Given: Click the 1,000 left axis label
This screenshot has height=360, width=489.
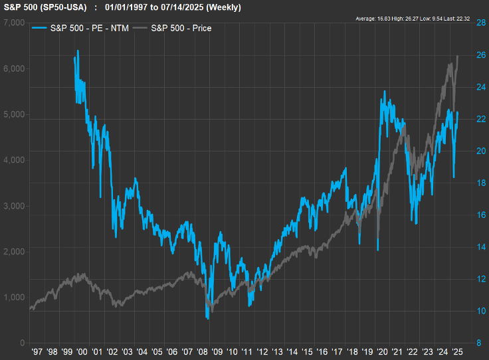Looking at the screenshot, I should [x=15, y=297].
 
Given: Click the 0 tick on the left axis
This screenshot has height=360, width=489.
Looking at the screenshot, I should [x=23, y=343].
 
